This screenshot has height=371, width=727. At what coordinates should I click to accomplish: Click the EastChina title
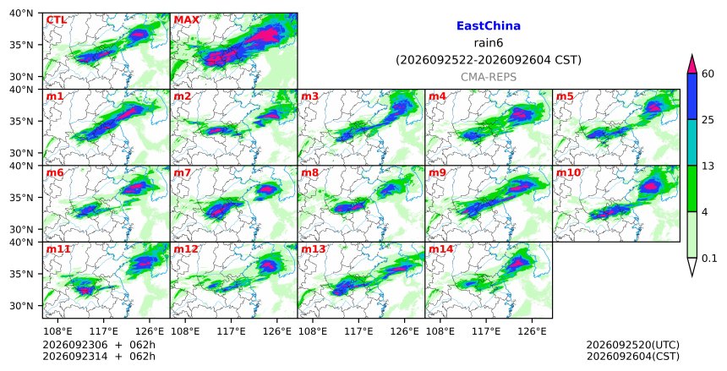pyautogui.click(x=489, y=26)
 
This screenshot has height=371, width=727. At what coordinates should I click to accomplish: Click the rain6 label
pyautogui.click(x=489, y=43)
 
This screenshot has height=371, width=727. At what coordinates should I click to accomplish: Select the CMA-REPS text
pyautogui.click(x=489, y=77)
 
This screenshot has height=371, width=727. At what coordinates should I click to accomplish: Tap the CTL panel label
pyautogui.click(x=56, y=20)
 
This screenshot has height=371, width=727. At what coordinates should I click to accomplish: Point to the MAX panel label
pyautogui.click(x=186, y=20)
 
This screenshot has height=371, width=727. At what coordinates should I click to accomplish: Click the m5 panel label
pyautogui.click(x=565, y=96)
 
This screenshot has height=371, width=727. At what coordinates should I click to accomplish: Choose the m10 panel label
pyautogui.click(x=568, y=173)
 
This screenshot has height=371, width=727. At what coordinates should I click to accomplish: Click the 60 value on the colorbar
pyautogui.click(x=708, y=74)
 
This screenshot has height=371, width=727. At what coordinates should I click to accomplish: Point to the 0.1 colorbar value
pyautogui.click(x=709, y=259)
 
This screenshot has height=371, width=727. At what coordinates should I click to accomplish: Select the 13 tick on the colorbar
pyautogui.click(x=708, y=166)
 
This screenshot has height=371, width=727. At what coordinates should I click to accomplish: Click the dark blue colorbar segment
pyautogui.click(x=691, y=96)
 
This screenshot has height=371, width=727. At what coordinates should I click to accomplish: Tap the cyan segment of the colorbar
pyautogui.click(x=691, y=142)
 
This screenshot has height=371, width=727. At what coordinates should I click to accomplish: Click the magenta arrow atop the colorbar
pyautogui.click(x=691, y=66)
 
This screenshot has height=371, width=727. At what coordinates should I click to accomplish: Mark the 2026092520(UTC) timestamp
pyautogui.click(x=633, y=345)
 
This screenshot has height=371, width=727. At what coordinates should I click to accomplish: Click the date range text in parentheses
pyautogui.click(x=489, y=60)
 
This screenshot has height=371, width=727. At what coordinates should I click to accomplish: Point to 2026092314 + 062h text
pyautogui.click(x=99, y=357)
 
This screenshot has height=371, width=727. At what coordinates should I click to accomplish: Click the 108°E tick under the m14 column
pyautogui.click(x=440, y=331)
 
